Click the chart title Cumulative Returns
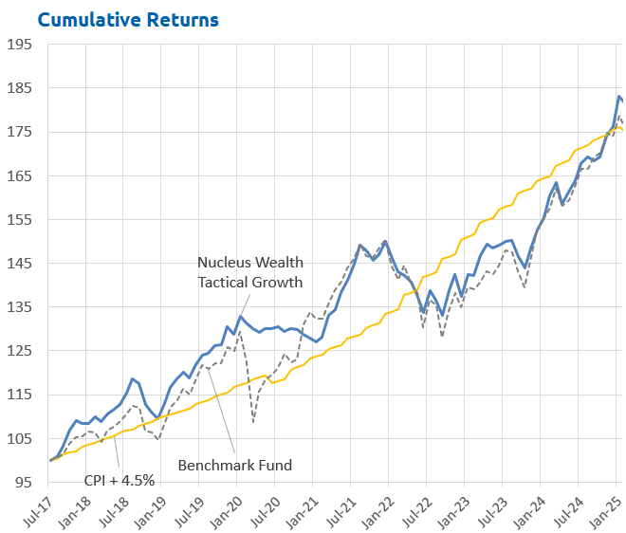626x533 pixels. (x=128, y=19)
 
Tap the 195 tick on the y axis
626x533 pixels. (x=20, y=45)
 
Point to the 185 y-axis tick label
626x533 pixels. (x=20, y=88)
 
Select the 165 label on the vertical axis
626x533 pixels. (x=20, y=175)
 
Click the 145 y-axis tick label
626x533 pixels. (x=20, y=263)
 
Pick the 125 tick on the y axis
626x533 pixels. (x=20, y=351)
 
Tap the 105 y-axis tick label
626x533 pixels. (x=20, y=438)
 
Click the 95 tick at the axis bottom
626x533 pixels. (x=24, y=482)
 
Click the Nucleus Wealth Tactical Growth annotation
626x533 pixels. (x=250, y=271)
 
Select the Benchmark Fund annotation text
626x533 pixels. (x=235, y=465)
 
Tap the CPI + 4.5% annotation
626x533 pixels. (x=120, y=480)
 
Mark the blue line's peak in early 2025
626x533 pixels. (x=619, y=96)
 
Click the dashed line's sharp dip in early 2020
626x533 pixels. (x=253, y=421)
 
